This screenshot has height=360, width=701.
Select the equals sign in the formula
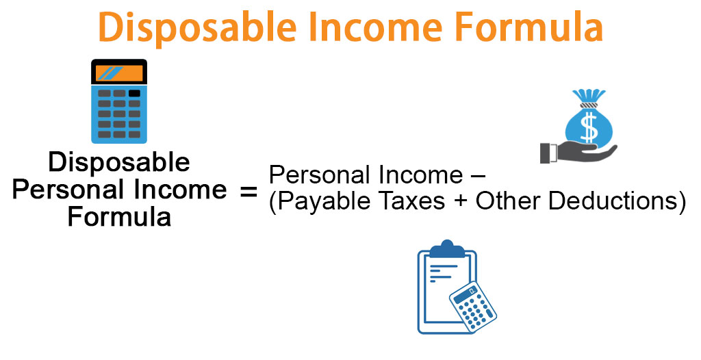[x=248, y=191]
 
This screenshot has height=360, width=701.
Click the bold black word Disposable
[x=120, y=162]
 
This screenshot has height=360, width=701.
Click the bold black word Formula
[x=120, y=217]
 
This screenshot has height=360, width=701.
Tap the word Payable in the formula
[x=318, y=203]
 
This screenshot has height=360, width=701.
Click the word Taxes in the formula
[x=411, y=203]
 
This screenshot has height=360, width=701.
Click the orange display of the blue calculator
[x=119, y=73]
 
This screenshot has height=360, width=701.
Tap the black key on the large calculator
[x=134, y=93]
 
